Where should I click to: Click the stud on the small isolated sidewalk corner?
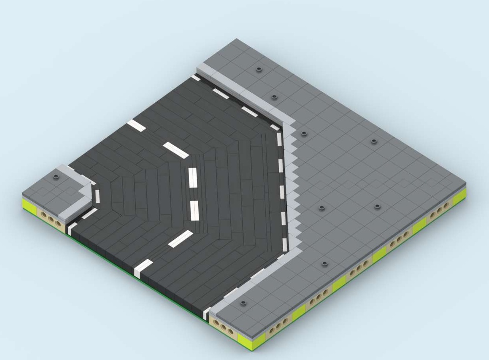[56, 175]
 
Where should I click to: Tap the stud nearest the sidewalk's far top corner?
[259, 69]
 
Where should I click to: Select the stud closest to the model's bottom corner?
[243, 303]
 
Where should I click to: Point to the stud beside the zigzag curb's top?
[304, 134]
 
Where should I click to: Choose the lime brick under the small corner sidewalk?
[29, 206]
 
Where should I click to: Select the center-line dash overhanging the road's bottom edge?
[143, 267]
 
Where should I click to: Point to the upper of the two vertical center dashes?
[193, 177]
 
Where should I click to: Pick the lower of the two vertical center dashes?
[194, 210]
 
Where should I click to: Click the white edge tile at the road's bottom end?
[206, 314]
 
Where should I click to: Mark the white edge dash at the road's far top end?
[196, 77]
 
